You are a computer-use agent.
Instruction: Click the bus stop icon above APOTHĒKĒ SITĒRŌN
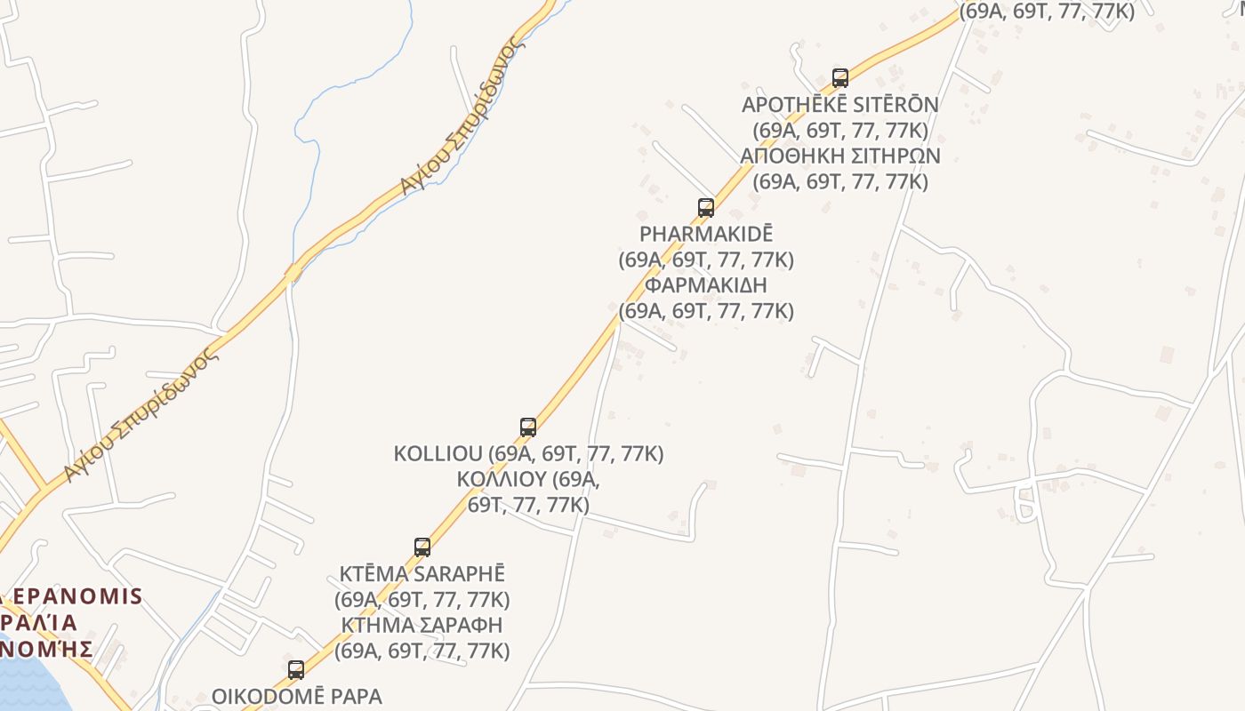click(839, 77)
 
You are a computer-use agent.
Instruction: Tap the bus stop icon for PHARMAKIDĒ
click(705, 207)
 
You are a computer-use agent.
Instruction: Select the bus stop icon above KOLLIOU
click(527, 427)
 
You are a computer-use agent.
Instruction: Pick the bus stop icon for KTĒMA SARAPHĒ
click(422, 547)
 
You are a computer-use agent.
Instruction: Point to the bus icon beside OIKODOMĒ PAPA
click(296, 669)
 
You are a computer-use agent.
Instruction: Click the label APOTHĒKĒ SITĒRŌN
click(839, 105)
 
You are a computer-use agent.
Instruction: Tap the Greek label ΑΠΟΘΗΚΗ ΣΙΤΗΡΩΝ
click(839, 156)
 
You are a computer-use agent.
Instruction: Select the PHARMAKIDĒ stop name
click(706, 234)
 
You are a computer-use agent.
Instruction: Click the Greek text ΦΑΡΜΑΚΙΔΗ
click(706, 285)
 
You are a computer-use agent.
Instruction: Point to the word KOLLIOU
click(441, 453)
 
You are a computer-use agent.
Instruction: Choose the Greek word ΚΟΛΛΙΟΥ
click(501, 479)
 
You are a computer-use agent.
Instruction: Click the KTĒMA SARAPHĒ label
click(422, 573)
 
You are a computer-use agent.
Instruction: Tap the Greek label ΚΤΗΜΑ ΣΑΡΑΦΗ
click(422, 624)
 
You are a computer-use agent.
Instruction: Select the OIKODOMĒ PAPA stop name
click(296, 696)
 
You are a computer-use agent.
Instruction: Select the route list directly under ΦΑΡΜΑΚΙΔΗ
click(706, 311)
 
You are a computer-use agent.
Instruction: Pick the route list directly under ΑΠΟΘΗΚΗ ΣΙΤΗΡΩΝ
click(839, 181)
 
